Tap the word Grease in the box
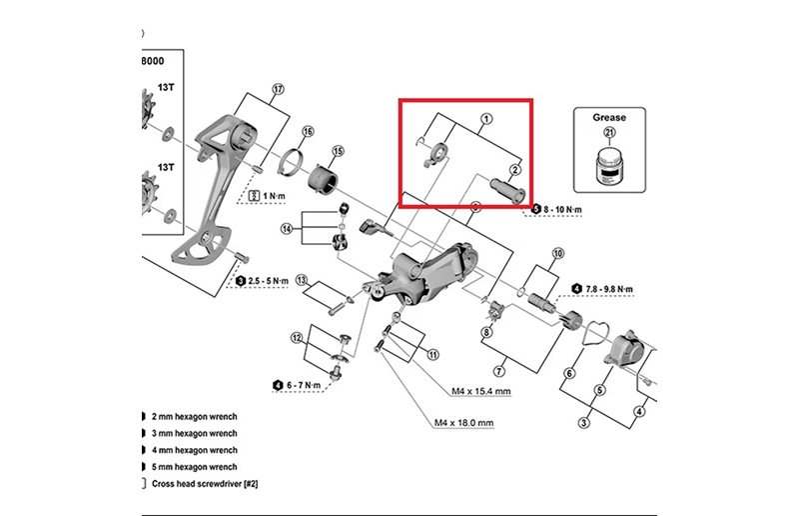tap(609, 117)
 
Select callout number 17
tap(278, 88)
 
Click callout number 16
tap(308, 132)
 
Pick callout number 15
tap(338, 151)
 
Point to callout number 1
tap(486, 119)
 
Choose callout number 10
tap(557, 253)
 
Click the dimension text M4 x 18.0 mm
tap(464, 422)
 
